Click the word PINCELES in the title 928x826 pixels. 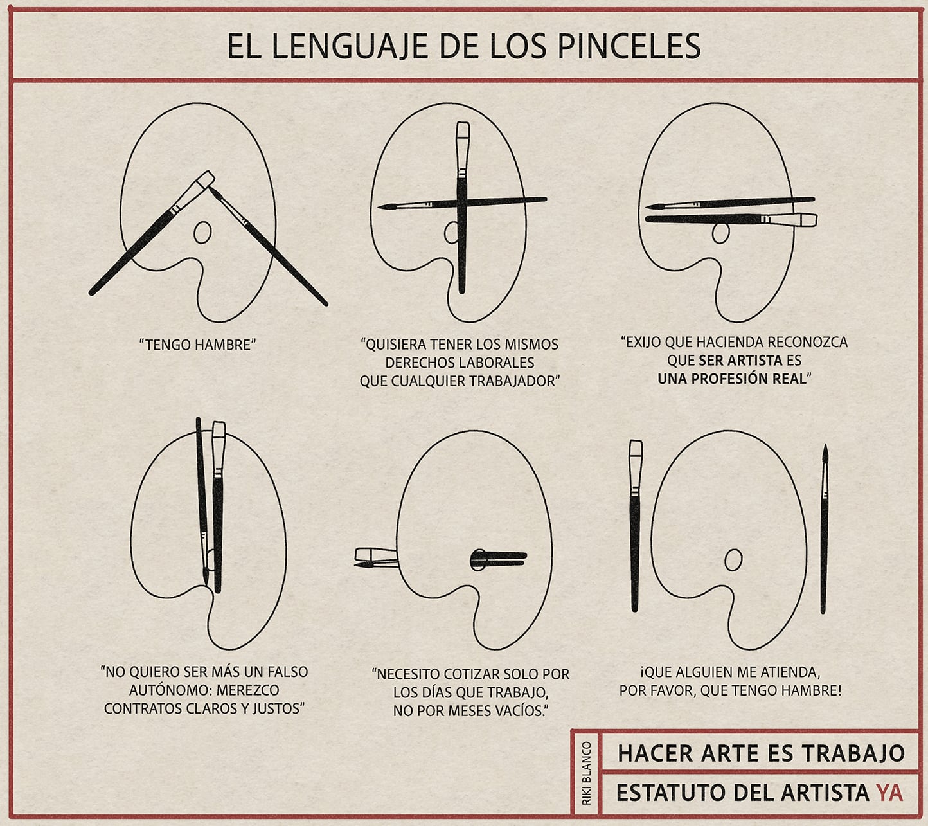[x=629, y=46]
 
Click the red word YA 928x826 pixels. [x=890, y=793]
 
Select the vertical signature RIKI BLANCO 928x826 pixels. [x=586, y=773]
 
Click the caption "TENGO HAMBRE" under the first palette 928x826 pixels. [x=197, y=345]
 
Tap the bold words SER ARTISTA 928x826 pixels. [x=740, y=361]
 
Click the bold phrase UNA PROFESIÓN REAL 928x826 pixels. [x=732, y=379]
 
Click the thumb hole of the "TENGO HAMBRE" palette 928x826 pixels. [x=202, y=233]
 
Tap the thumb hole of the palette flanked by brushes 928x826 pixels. [x=733, y=560]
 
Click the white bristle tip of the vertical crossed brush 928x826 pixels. [x=463, y=130]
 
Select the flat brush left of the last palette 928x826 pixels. [x=636, y=526]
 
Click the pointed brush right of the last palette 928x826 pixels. [x=824, y=528]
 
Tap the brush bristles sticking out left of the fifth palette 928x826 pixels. [x=375, y=557]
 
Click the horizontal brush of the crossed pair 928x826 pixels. [x=462, y=203]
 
